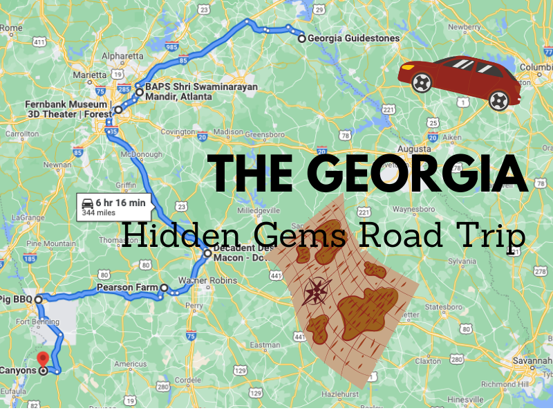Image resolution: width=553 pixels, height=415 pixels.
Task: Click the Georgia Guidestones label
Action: point(353,39)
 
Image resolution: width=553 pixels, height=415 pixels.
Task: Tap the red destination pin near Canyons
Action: point(43,360)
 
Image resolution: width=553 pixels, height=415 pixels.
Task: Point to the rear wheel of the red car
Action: point(498,100)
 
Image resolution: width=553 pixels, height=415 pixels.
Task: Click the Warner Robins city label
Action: point(208,281)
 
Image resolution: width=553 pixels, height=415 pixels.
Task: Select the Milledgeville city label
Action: point(258,210)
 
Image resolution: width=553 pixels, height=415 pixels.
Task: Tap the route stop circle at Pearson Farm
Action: point(164,288)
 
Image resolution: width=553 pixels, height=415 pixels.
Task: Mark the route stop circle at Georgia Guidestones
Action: point(302,39)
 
